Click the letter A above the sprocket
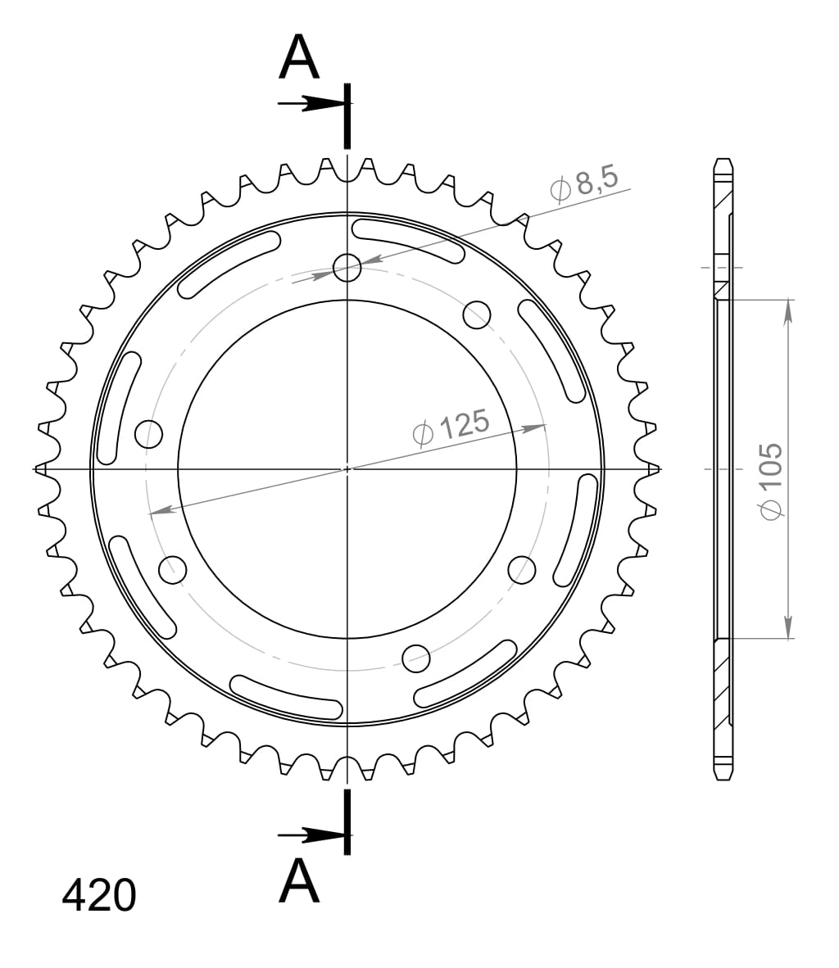pos(299,58)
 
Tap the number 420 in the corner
pos(99,896)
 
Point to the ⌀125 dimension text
pos(452,427)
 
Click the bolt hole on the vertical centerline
pos(347,266)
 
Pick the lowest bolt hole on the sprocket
pos(416,656)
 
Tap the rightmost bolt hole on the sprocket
pos(522,570)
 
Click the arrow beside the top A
pos(311,104)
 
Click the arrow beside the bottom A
pos(311,835)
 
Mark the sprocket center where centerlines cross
pos(347,469)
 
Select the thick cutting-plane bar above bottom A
pos(347,821)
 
